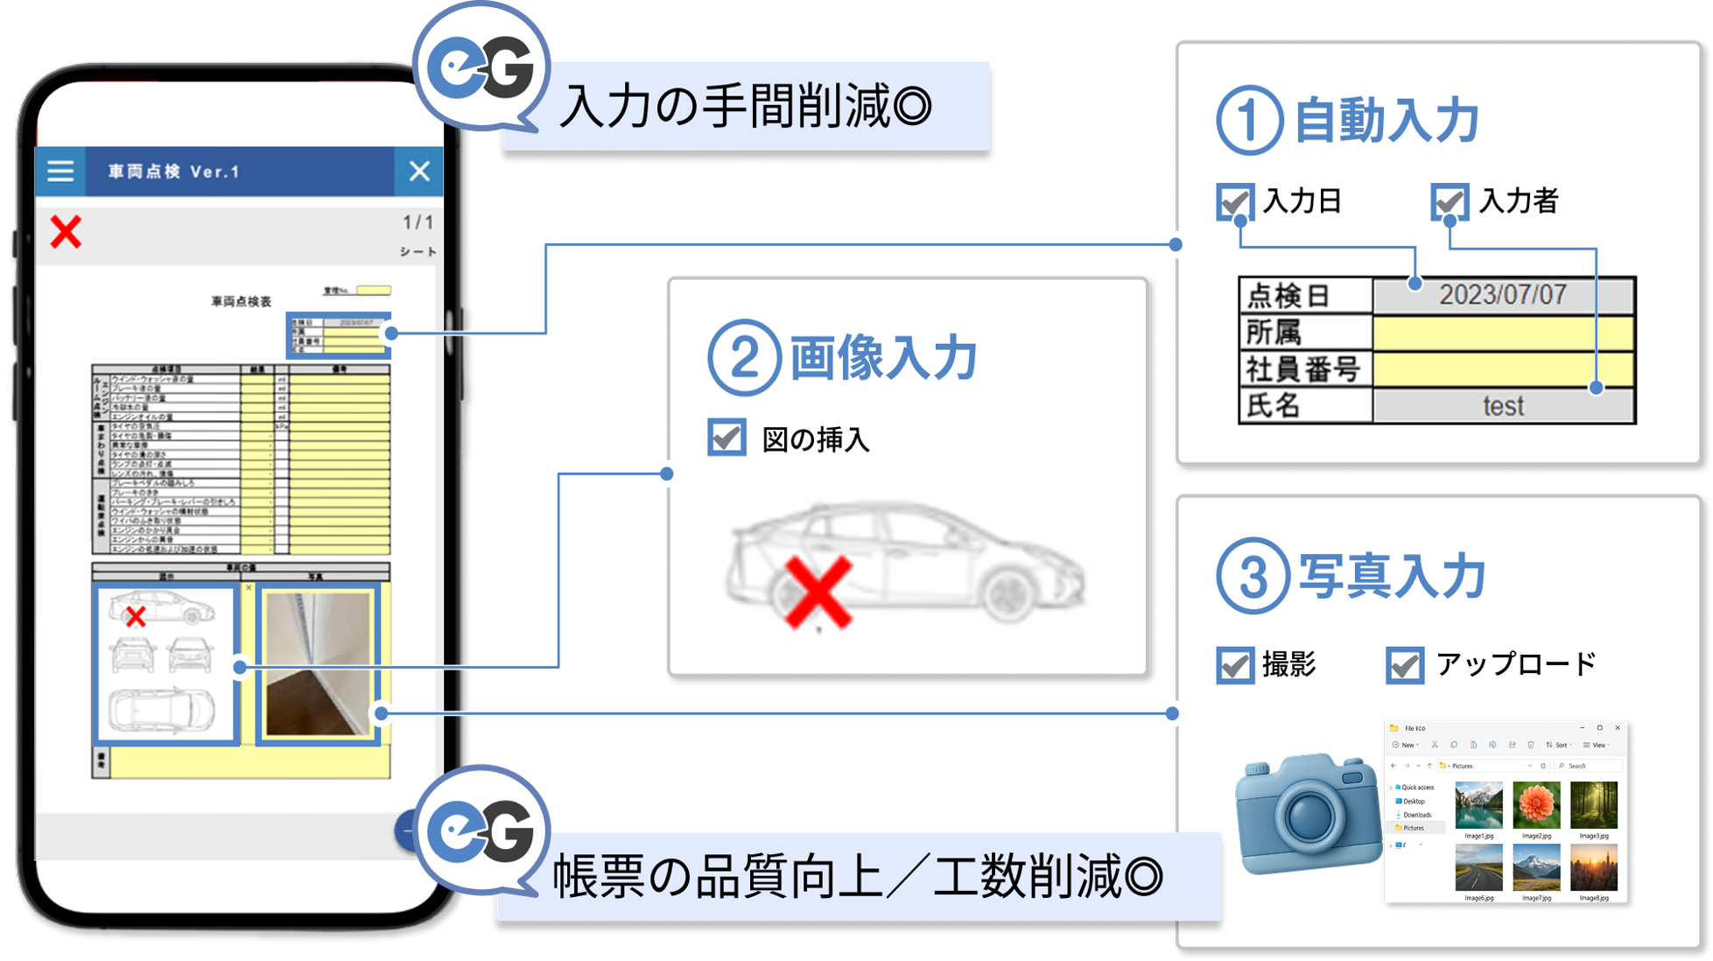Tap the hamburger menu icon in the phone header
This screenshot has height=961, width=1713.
[x=60, y=171]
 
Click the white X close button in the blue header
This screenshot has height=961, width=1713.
[x=419, y=171]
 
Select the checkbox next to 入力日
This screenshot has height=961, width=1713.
[x=1235, y=201]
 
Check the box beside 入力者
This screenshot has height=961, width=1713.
[x=1450, y=201]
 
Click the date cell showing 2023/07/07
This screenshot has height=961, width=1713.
[x=1502, y=295]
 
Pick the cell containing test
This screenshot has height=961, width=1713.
[x=1502, y=406]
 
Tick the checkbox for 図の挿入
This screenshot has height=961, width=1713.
[x=727, y=438]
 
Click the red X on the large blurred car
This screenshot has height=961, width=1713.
[x=818, y=593]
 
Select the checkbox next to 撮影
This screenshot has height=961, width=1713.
[x=1235, y=665]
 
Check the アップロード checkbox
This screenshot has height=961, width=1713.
[x=1405, y=665]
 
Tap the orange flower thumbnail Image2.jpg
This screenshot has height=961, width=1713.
[x=1536, y=805]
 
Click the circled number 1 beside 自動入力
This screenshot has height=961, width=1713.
[x=1249, y=121]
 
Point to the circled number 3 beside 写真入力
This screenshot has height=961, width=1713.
[x=1252, y=577]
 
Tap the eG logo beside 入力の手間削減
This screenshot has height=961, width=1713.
[x=483, y=68]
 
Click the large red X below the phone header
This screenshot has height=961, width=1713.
[x=66, y=232]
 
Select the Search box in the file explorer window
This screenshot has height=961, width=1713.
[x=1589, y=766]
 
